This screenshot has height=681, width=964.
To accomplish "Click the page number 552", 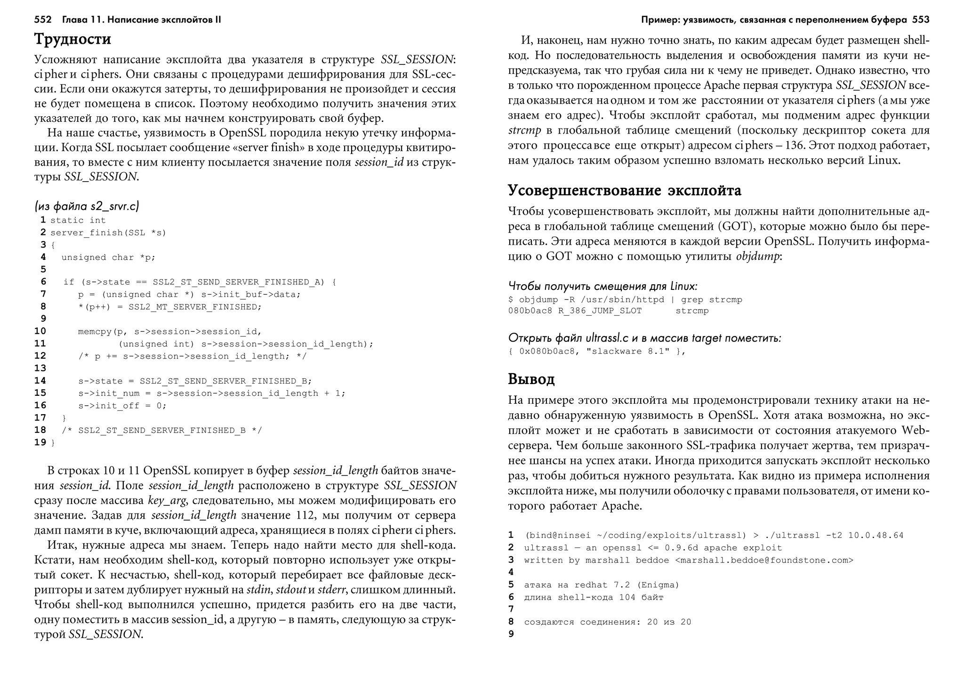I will click(43, 20).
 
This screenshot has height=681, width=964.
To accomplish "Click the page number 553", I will click(921, 20).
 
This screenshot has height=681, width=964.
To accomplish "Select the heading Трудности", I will click(72, 39).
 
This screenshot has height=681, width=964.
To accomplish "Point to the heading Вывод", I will click(531, 379).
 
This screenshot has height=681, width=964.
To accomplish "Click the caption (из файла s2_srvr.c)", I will click(87, 206).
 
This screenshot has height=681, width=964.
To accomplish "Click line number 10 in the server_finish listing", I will click(40, 331).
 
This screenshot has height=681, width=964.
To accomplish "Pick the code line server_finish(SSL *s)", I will click(108, 233).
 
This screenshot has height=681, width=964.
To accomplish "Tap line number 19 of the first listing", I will click(40, 442).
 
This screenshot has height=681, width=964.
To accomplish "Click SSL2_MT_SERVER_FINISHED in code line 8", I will click(194, 307).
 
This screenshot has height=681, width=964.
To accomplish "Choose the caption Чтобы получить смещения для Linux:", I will click(602, 286).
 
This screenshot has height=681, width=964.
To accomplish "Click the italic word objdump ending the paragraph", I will click(757, 257).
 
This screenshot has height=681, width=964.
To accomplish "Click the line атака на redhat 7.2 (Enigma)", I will click(602, 585).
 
